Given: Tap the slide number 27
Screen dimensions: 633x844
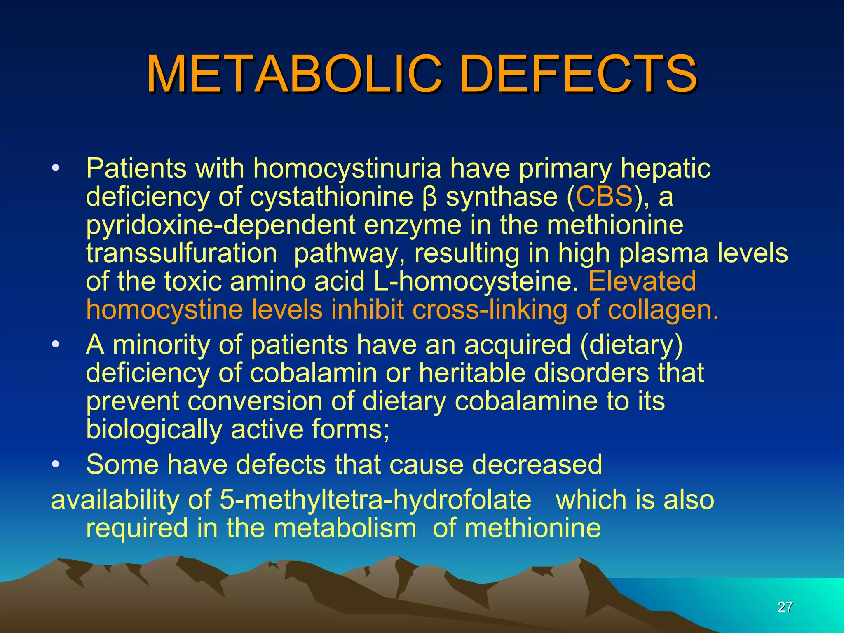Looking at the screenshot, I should point(785,607).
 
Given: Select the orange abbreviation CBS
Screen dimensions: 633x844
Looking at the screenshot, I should point(604,197).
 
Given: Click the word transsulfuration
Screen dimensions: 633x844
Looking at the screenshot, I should point(181,253).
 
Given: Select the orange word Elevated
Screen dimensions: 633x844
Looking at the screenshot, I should point(642,281).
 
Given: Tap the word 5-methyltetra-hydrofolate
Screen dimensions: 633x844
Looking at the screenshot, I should point(375,500).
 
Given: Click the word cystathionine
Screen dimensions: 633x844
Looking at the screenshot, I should point(331,197).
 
